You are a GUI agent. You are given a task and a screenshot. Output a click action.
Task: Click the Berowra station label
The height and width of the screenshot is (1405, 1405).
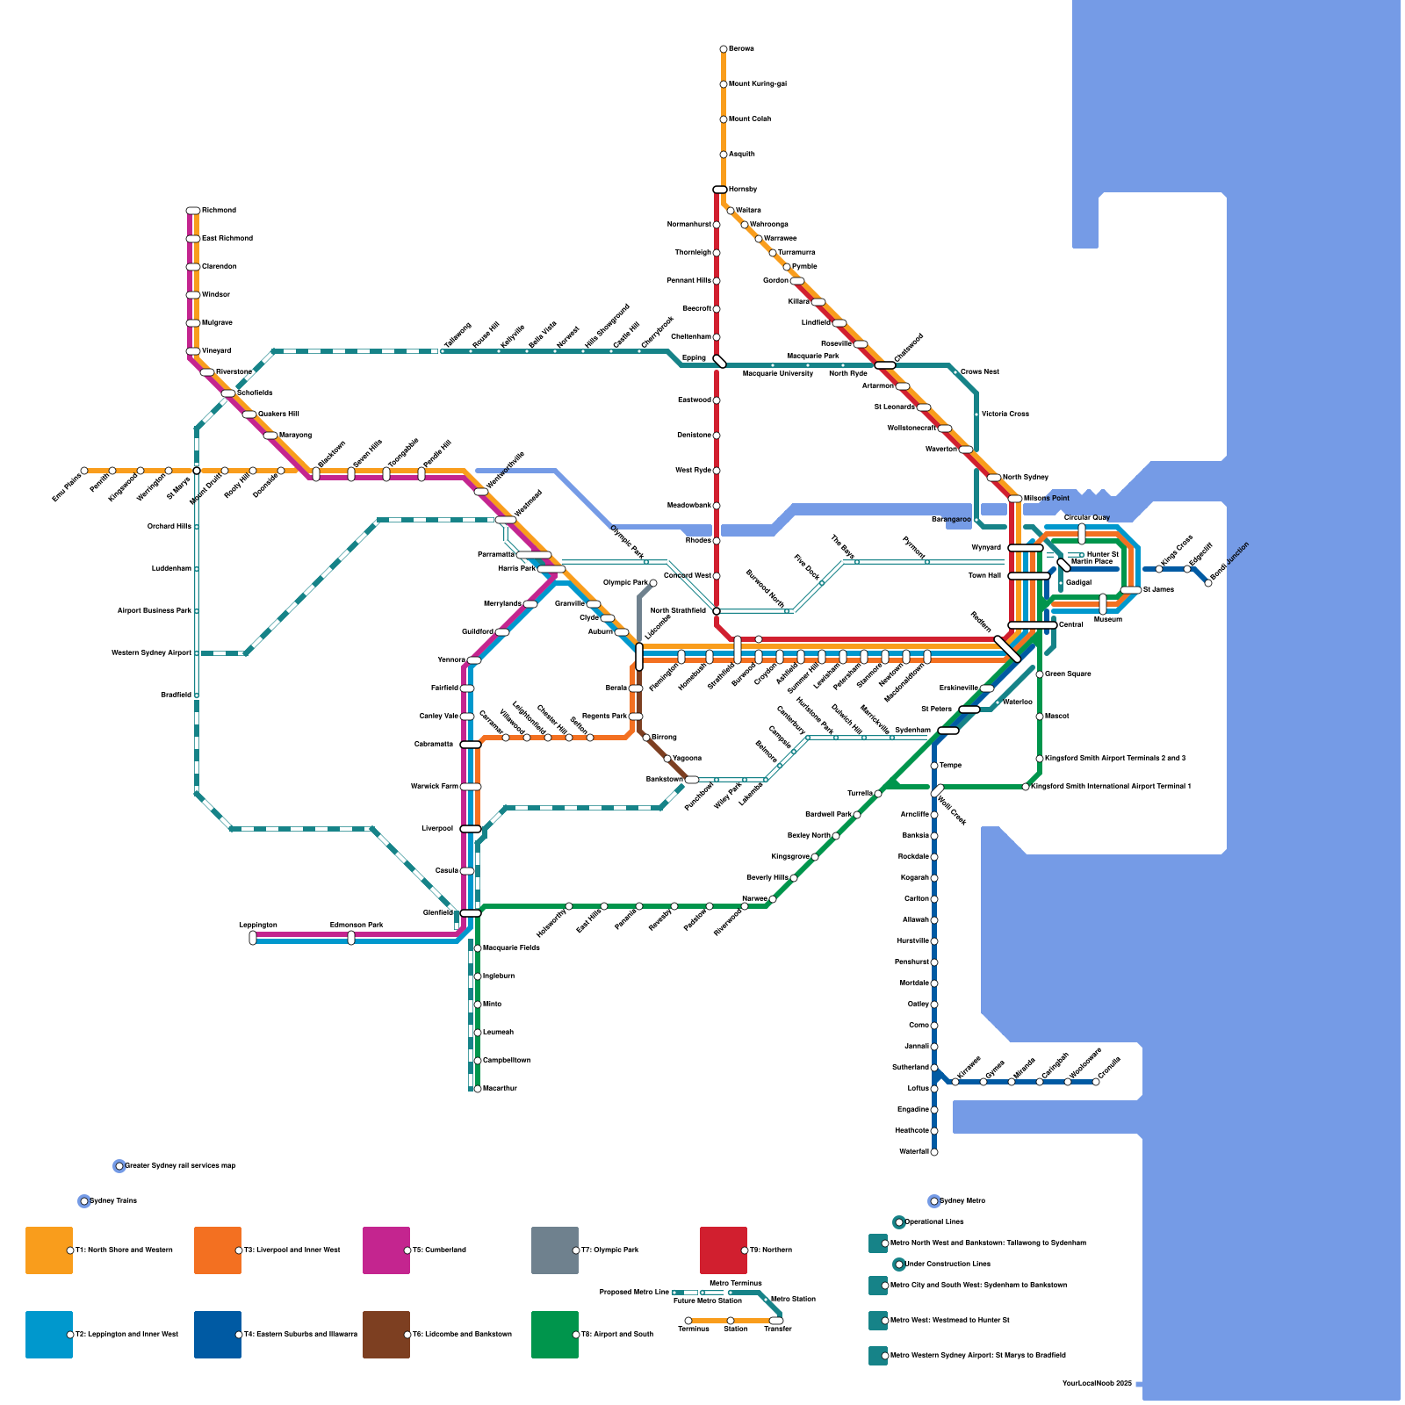pos(741,49)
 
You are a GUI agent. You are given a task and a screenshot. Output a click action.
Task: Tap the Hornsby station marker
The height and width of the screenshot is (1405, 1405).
pos(720,190)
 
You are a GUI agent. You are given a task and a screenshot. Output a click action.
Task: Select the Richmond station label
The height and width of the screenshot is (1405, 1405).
pos(219,211)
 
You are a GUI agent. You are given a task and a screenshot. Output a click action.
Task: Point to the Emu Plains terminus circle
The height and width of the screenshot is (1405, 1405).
pos(84,471)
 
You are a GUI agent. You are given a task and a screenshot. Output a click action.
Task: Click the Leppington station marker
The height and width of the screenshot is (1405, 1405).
pos(253,938)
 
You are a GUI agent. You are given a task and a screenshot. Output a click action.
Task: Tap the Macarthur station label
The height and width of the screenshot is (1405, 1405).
pos(500,1089)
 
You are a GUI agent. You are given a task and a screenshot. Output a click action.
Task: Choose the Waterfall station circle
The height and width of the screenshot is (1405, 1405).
pos(934,1152)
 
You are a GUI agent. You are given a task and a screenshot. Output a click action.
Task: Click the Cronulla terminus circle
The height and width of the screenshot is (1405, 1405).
pos(1096,1082)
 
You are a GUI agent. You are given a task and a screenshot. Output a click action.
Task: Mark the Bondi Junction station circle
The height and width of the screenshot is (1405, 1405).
pos(1208,583)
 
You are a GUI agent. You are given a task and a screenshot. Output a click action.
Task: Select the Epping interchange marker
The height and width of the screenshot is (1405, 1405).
pos(720,361)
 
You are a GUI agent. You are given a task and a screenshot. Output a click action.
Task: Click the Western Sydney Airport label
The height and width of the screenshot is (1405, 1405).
pos(151,653)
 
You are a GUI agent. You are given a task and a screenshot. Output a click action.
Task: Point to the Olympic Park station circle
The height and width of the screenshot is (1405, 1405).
pos(653,583)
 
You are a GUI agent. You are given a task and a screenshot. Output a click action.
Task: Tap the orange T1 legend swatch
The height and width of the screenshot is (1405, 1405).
pos(49,1250)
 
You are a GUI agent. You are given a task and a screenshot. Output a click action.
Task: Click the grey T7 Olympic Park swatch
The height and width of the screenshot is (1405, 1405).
pos(555,1250)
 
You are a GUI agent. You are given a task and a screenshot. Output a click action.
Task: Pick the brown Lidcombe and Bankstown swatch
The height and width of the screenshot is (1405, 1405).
pos(386,1335)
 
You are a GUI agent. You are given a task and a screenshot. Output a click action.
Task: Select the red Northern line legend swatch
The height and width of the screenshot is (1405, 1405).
pos(724,1250)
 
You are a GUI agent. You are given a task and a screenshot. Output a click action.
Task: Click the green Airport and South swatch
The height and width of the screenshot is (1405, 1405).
pos(555,1335)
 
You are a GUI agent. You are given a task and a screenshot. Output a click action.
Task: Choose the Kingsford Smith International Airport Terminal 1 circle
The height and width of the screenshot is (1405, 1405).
pos(1026,787)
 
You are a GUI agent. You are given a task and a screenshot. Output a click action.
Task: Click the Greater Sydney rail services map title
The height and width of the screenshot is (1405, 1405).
pos(180,1166)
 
